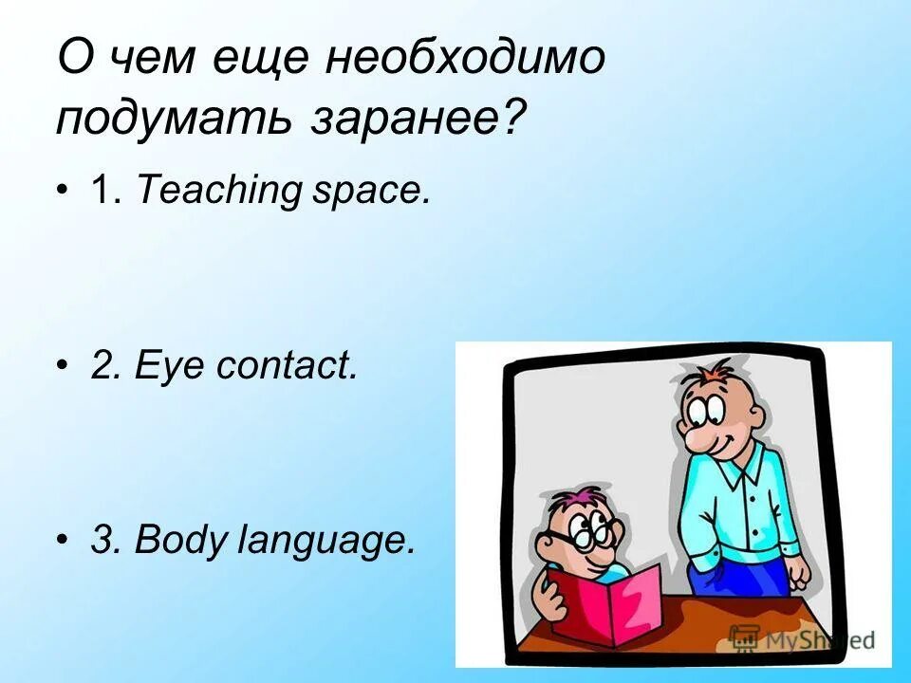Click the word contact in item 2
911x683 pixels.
(x=288, y=365)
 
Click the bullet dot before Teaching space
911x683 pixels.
(x=63, y=191)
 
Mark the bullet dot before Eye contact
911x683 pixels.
(x=63, y=365)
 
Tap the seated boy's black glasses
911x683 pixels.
(x=579, y=536)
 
